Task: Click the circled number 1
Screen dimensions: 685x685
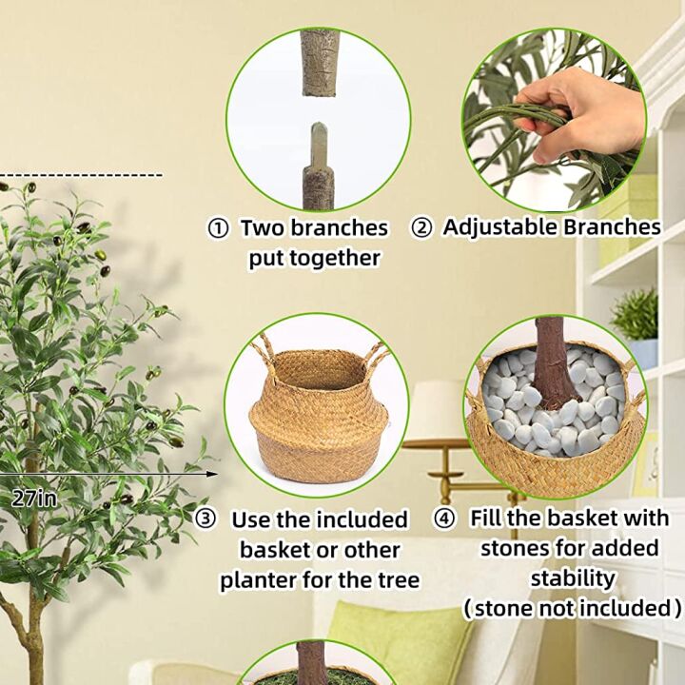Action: (219, 229)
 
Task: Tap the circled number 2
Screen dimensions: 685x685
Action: (421, 228)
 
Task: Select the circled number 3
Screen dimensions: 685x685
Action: (205, 519)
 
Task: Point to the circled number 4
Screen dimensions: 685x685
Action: (444, 519)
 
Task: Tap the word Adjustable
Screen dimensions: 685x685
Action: (500, 227)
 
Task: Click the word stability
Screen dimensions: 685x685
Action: (573, 577)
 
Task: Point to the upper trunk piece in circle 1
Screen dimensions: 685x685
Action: (319, 62)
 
